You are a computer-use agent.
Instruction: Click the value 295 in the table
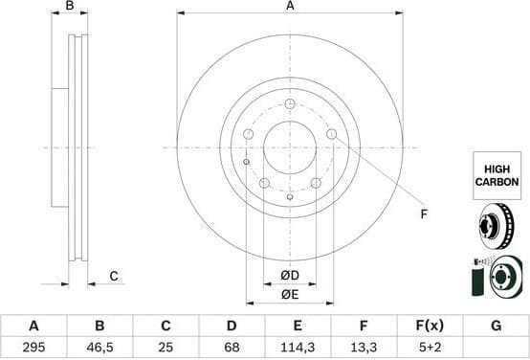(33, 345)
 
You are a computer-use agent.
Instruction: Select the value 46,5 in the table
(99, 345)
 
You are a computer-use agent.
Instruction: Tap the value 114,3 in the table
(298, 345)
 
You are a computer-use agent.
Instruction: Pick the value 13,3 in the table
(364, 345)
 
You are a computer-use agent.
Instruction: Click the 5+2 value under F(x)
(430, 345)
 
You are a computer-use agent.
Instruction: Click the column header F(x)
(430, 326)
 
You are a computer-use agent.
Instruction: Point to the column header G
(496, 326)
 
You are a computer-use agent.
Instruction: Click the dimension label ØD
(289, 277)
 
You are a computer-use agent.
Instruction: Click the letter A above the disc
(290, 7)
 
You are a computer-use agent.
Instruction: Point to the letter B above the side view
(69, 7)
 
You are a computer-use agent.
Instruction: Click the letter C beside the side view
(113, 277)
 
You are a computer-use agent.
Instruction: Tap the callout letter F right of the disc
(423, 214)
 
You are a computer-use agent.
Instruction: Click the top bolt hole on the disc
(290, 102)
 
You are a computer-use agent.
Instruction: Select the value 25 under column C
(166, 345)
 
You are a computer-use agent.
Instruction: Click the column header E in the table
(298, 326)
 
